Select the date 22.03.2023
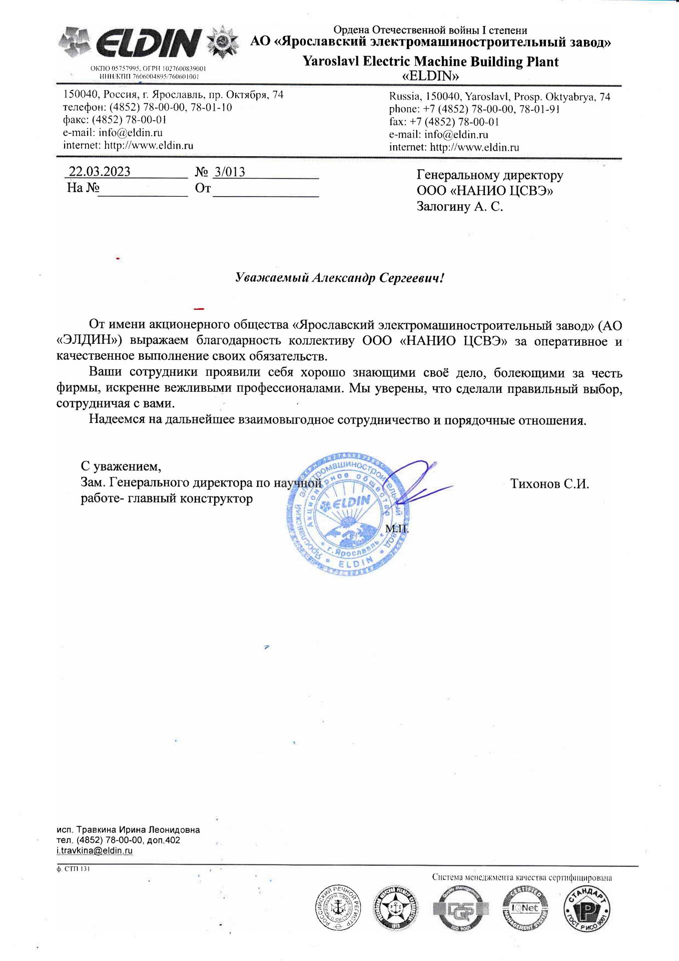pos(99,172)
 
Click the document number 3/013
pos(230,172)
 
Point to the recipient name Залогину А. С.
pos(459,207)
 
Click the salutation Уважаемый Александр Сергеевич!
pos(339,278)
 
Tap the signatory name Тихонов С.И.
pos(549,484)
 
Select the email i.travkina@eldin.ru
pos(95,850)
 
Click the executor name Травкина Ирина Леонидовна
pos(138,830)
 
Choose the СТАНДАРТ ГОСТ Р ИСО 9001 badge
pos(587,909)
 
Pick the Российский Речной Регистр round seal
pos(338,908)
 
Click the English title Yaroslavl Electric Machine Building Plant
pos(430,62)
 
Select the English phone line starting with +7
pos(474,109)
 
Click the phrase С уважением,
pos(121,466)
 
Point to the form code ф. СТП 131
pos(73,869)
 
